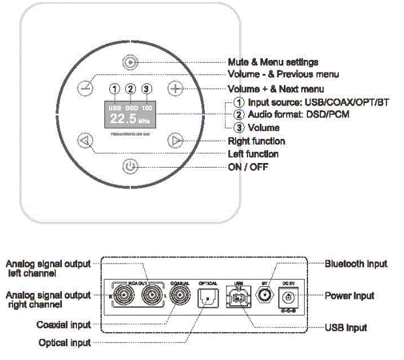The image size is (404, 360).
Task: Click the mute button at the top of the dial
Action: (x=131, y=63)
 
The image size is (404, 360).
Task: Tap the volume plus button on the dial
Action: (x=174, y=89)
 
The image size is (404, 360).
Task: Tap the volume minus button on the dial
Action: (x=85, y=89)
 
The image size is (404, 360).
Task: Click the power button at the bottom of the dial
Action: (x=131, y=167)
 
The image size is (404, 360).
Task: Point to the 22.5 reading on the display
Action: (x=123, y=119)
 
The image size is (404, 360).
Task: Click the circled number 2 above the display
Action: (x=131, y=89)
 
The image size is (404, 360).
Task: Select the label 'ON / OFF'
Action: (x=247, y=167)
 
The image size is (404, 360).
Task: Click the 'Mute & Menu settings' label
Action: (x=273, y=62)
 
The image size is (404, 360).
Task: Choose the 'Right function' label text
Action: (x=256, y=141)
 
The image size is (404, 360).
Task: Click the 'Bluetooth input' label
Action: (x=356, y=263)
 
